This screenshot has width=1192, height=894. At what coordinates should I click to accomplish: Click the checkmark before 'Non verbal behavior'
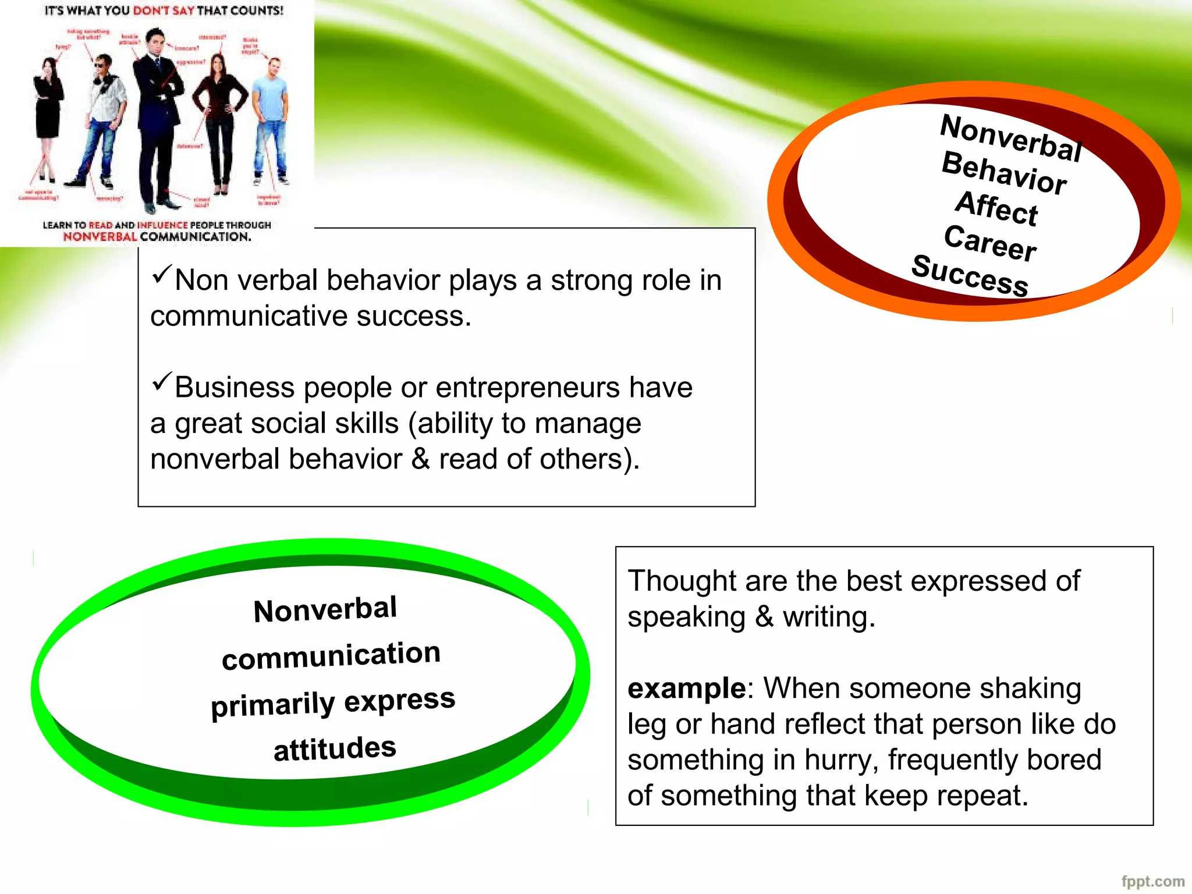(162, 274)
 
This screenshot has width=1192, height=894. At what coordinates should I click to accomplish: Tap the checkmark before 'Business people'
(162, 381)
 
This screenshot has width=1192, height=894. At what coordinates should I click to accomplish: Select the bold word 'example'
(686, 689)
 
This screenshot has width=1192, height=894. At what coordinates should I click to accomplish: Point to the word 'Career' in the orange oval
(990, 243)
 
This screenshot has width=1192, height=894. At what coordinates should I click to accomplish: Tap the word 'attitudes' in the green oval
(335, 748)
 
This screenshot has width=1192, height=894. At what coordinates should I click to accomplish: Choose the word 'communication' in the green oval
(331, 656)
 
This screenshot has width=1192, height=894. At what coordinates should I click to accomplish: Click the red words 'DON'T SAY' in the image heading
(163, 10)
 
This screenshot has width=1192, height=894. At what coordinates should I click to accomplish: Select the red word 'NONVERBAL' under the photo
(100, 237)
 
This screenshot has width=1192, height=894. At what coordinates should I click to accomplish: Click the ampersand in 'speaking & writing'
(764, 617)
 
